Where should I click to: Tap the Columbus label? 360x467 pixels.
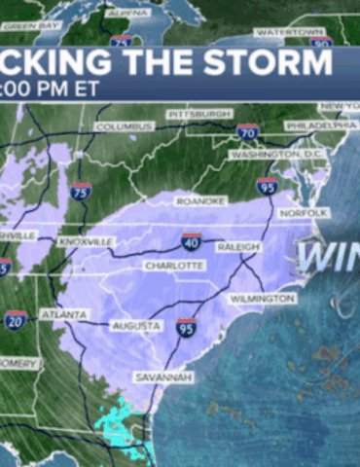point(125,126)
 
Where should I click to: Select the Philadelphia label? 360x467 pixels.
point(322,126)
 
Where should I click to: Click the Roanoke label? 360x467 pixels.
point(200,200)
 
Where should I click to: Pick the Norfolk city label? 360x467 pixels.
point(300,212)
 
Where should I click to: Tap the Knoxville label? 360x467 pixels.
point(87,241)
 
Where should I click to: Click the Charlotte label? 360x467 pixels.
point(174,265)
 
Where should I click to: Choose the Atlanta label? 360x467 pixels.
point(65,315)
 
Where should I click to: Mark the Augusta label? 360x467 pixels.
point(137,326)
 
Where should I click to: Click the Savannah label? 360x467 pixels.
point(164,377)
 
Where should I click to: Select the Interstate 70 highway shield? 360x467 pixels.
point(247,132)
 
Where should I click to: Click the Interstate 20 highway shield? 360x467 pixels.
point(17,318)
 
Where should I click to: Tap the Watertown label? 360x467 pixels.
point(289,32)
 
